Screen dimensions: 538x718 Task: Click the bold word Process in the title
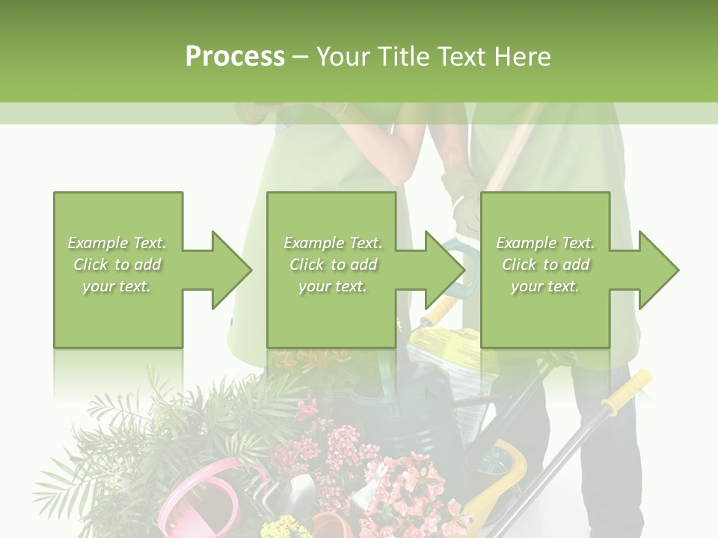235,57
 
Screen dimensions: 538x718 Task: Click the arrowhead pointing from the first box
231,270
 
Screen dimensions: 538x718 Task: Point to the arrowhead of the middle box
445,270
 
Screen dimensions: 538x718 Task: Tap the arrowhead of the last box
658,270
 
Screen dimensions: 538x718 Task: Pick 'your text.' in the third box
544,286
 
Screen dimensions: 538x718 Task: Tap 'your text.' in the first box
116,286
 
